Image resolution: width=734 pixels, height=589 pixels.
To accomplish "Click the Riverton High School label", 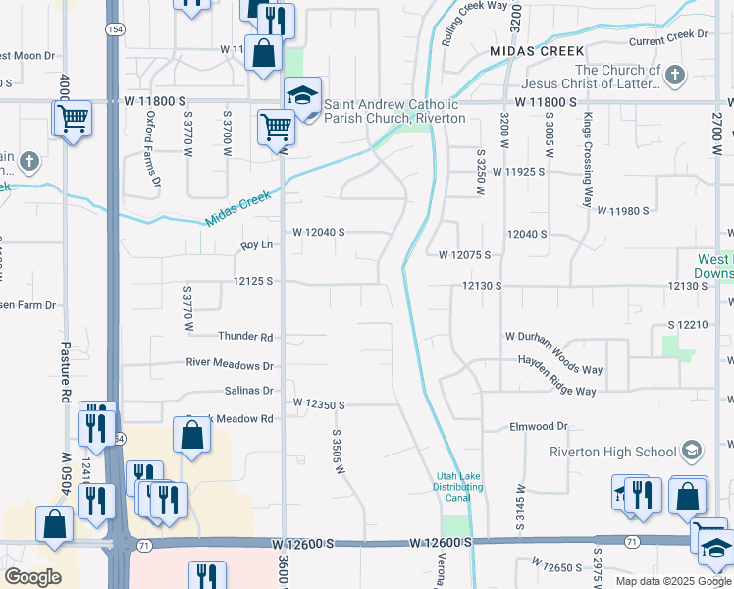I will click(612, 452).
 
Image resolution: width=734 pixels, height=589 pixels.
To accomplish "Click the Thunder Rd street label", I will click(245, 336).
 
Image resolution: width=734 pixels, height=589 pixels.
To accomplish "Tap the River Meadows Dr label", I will click(230, 364).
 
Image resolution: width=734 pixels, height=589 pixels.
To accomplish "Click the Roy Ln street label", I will click(255, 245).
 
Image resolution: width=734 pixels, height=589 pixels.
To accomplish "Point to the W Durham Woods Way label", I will click(553, 336).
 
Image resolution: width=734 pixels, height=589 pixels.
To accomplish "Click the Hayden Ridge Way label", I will click(556, 391).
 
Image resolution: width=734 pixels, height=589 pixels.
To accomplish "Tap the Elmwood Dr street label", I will click(539, 427).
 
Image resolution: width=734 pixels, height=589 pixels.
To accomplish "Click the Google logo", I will click(32, 577).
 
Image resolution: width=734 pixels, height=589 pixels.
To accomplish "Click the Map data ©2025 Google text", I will click(673, 581).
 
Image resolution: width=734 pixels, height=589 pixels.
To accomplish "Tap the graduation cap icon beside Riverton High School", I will click(692, 451).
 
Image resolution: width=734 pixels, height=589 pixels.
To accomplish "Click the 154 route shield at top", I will click(116, 30).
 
